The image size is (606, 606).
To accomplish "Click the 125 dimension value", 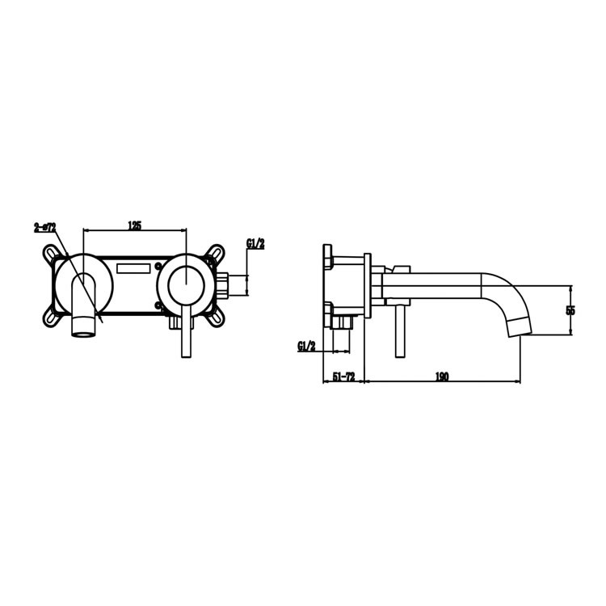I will [135, 225].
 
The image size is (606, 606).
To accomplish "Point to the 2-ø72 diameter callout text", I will [44, 228].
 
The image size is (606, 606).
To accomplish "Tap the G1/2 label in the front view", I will [256, 242].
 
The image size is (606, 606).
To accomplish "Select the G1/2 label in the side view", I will [306, 346].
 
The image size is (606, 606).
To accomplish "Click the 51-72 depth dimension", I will [343, 377].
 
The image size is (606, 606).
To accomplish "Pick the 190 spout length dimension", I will [441, 377].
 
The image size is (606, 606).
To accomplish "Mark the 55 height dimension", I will [570, 310].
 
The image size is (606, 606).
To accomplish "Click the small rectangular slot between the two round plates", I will [134, 267].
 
